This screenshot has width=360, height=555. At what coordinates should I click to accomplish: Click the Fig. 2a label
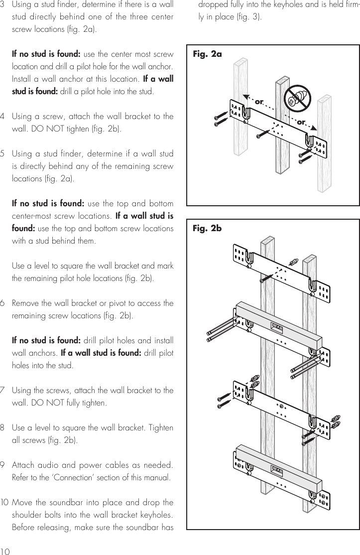point(207,54)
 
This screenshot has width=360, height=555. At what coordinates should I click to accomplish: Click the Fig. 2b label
point(207,229)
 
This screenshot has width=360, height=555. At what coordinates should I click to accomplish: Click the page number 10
point(6,551)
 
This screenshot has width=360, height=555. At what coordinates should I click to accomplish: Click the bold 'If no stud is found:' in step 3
point(43,54)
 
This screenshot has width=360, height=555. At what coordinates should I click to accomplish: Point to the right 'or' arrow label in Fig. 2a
point(301,122)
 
